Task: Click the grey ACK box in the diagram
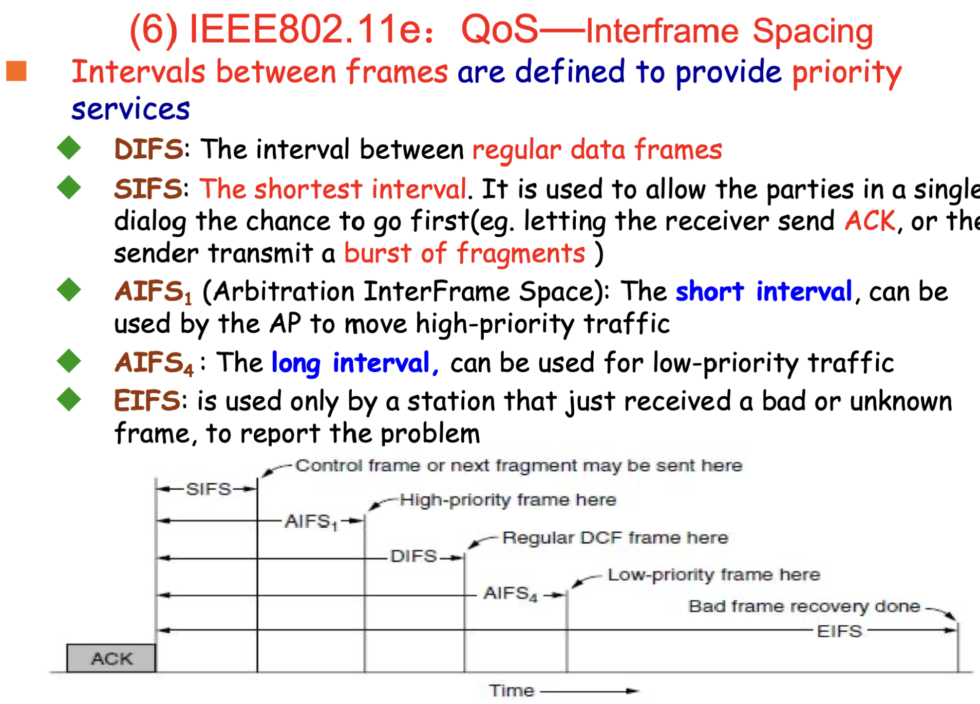coord(111,658)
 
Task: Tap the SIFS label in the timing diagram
coord(209,489)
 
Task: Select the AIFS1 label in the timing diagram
coord(311,522)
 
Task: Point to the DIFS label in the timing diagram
coord(413,556)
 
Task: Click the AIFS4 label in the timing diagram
coord(511,594)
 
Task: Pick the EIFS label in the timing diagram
coord(839,631)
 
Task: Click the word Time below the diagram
coord(512,691)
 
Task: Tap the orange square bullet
coord(16,71)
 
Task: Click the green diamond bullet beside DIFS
coord(69,148)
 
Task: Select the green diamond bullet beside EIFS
coord(69,399)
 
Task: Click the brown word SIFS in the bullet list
coord(148,189)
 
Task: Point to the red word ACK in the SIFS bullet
coord(870,221)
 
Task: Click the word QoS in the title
coord(499,29)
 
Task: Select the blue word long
coord(296,363)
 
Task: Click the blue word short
coord(709,292)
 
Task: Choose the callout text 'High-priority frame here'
coord(508,499)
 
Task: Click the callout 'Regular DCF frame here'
coord(615,538)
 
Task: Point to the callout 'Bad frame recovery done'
coord(804,606)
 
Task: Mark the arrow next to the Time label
coord(590,691)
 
